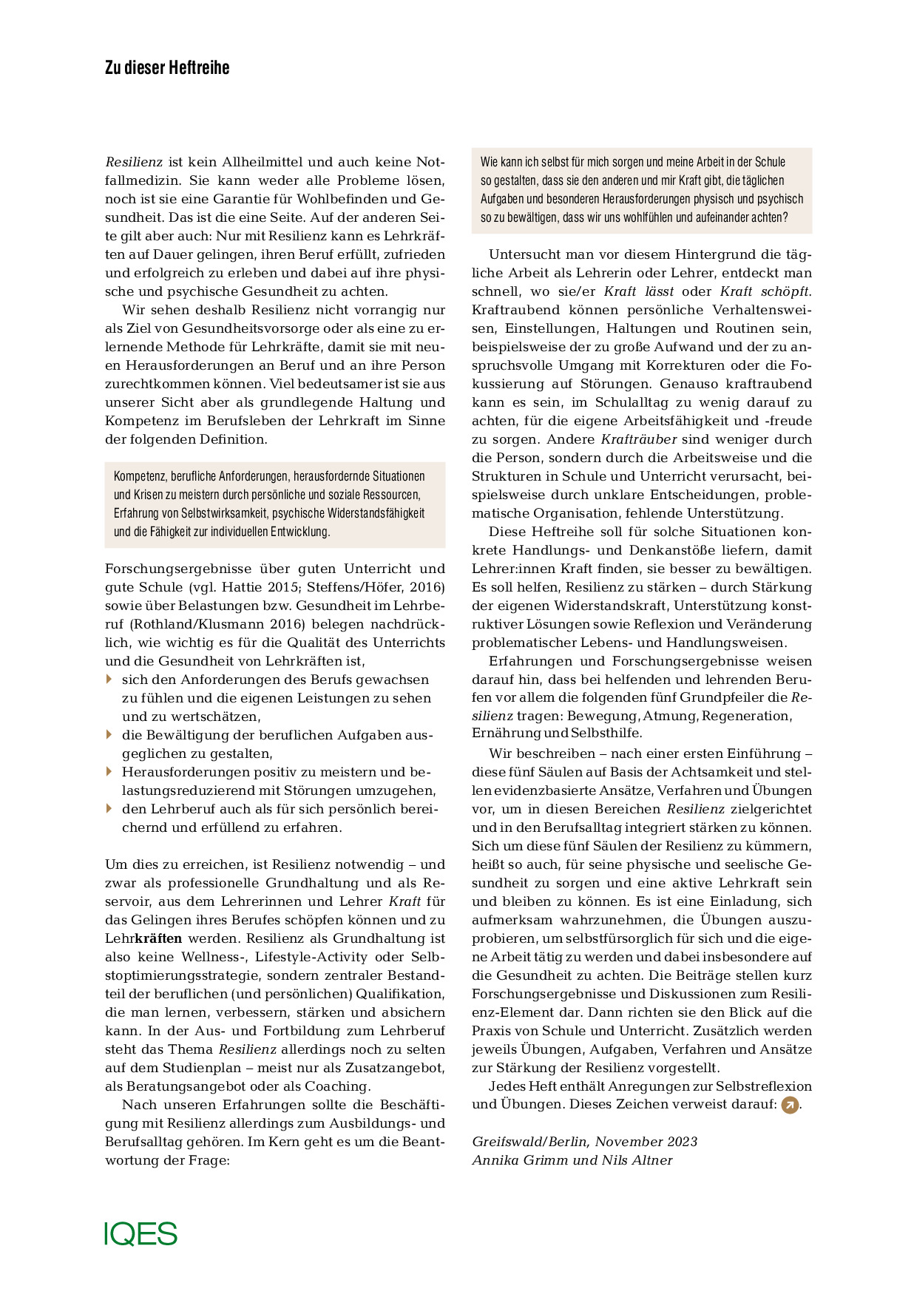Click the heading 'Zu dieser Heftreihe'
pyautogui.click(x=167, y=68)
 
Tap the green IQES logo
pyautogui.click(x=141, y=1233)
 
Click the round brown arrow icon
pyautogui.click(x=790, y=1105)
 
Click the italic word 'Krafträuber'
pyautogui.click(x=639, y=439)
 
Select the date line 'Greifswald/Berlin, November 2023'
pyautogui.click(x=584, y=1141)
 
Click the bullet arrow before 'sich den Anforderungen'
pyautogui.click(x=109, y=679)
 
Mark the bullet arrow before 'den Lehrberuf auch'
pyautogui.click(x=109, y=808)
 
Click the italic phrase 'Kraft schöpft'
pyautogui.click(x=765, y=291)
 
